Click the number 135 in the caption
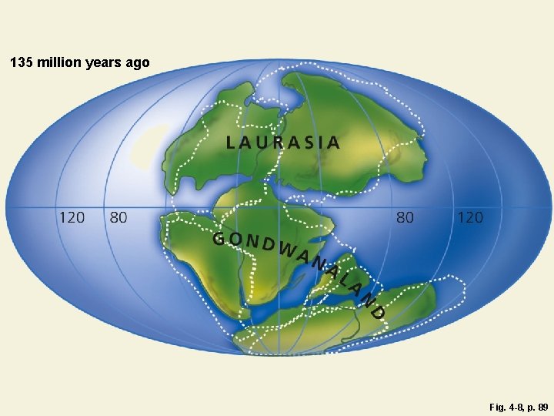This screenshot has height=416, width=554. pyautogui.click(x=24, y=62)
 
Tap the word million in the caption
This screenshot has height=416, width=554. pyautogui.click(x=62, y=62)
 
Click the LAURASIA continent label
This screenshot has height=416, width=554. pyautogui.click(x=283, y=142)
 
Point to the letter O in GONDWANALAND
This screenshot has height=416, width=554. pyautogui.click(x=235, y=240)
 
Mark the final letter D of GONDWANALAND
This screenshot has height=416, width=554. pyautogui.click(x=376, y=312)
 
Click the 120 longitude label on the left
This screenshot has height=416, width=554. pyautogui.click(x=72, y=217)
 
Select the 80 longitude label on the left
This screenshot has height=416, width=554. pyautogui.click(x=118, y=217)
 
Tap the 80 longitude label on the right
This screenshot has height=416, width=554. pyautogui.click(x=405, y=217)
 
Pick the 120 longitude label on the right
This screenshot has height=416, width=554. pyautogui.click(x=470, y=217)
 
